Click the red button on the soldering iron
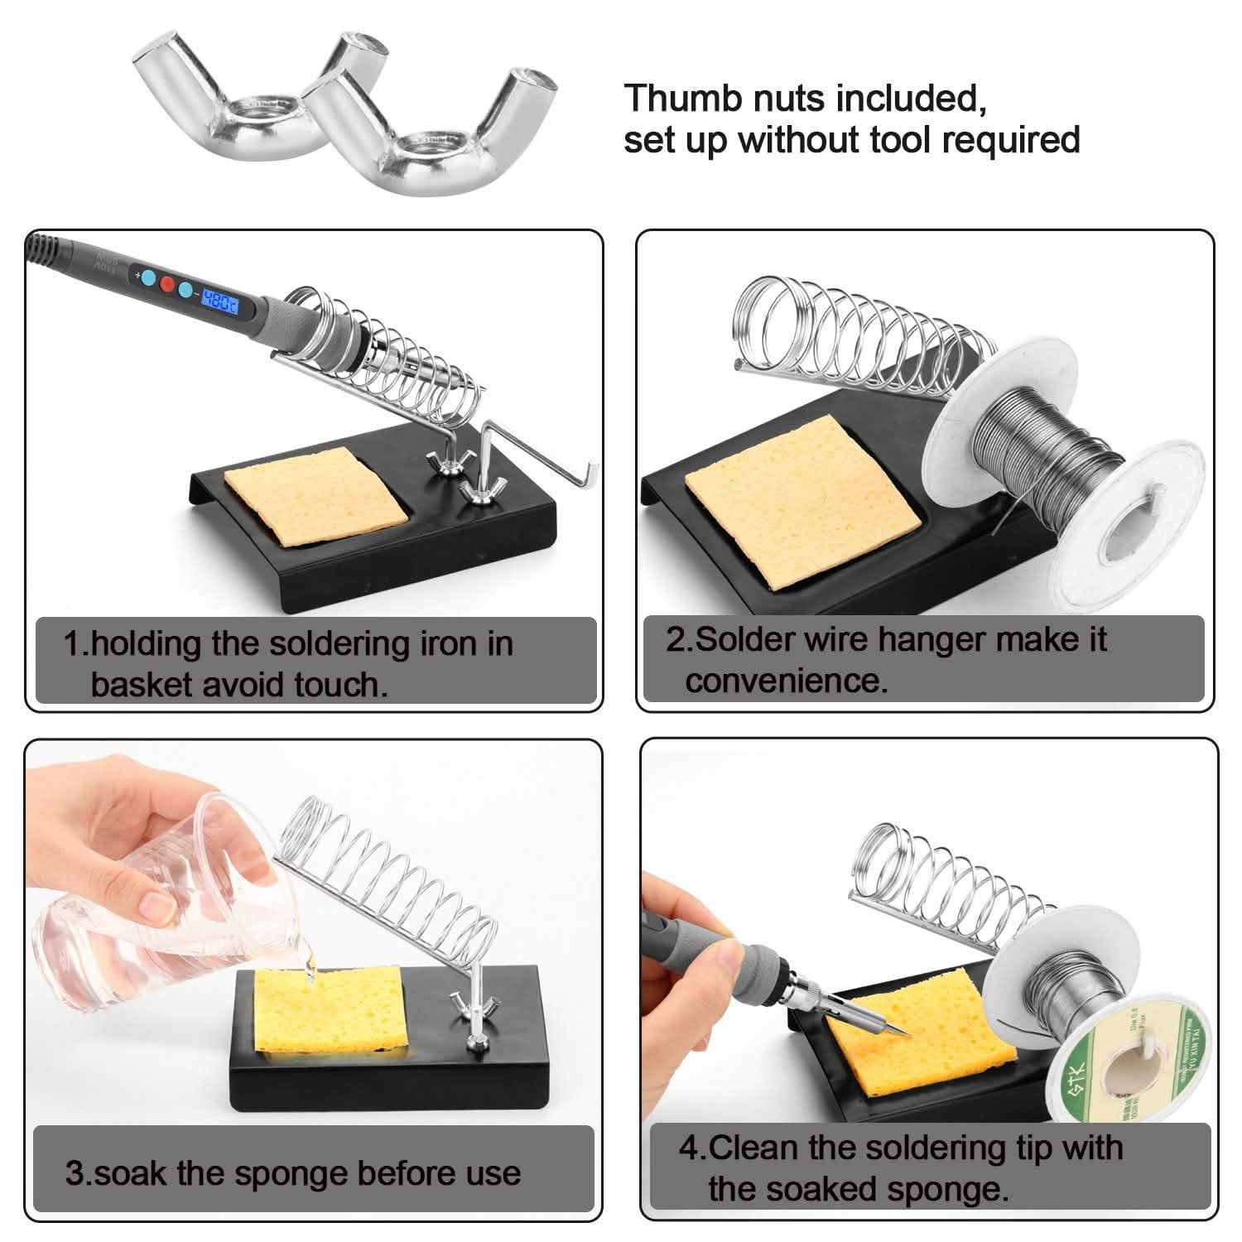(x=167, y=285)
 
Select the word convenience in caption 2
(x=785, y=681)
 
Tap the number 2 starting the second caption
(x=676, y=640)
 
